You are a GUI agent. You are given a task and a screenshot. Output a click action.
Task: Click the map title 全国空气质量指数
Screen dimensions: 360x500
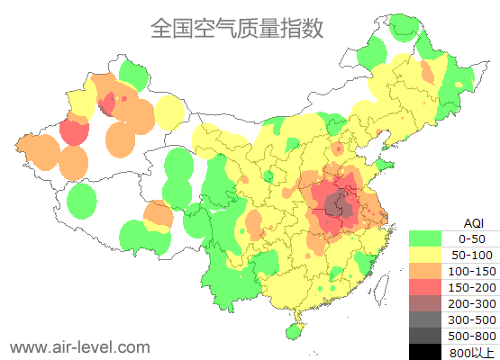coord(237,28)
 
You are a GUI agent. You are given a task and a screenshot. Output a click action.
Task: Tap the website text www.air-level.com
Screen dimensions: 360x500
coord(79,346)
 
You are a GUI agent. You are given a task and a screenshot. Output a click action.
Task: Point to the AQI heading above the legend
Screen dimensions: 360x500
coord(472,222)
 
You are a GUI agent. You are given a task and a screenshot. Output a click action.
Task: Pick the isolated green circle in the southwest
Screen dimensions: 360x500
coord(82,200)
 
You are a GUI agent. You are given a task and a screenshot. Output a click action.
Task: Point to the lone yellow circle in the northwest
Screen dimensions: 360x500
coord(169,113)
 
